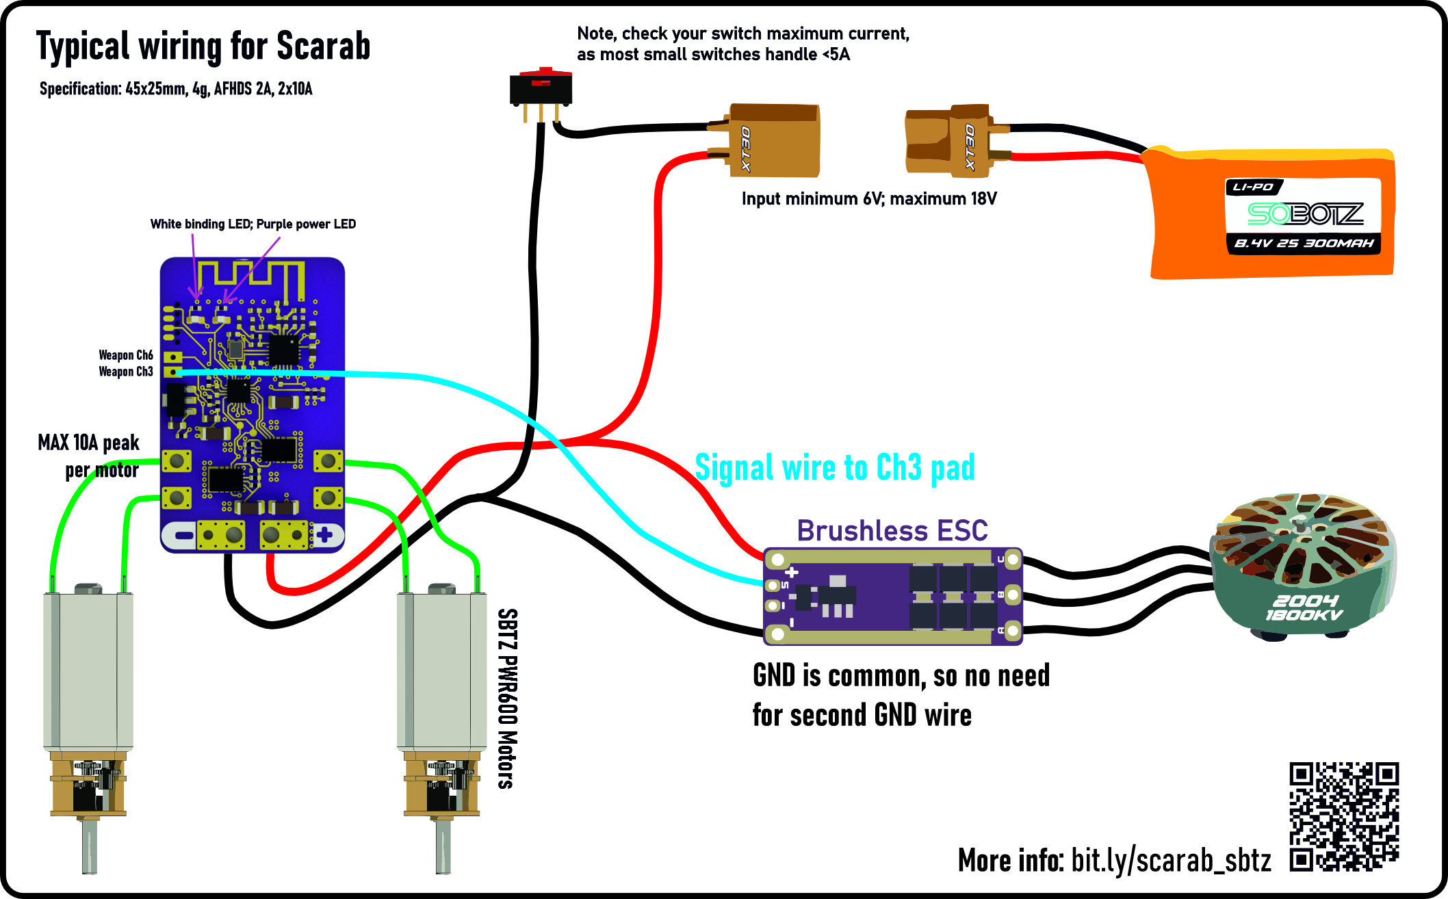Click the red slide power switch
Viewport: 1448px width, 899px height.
click(x=541, y=89)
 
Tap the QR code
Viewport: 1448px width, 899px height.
click(x=1344, y=817)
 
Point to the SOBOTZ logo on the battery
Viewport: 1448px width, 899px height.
click(x=1305, y=214)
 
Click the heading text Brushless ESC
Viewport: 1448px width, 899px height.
click(x=892, y=530)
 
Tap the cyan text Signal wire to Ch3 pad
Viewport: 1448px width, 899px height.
click(x=835, y=468)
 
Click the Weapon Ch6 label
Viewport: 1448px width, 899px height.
click(x=126, y=355)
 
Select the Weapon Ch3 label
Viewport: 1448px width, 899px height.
click(x=126, y=372)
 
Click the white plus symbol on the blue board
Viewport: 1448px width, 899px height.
click(x=324, y=534)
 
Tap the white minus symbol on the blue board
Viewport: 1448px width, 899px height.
click(x=184, y=535)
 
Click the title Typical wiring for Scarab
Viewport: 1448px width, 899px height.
click(x=203, y=47)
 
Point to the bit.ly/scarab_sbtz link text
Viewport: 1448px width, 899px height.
click(x=1171, y=860)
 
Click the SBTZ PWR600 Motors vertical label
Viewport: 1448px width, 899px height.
click(x=507, y=699)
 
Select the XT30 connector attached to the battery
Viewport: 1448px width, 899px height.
click(x=957, y=140)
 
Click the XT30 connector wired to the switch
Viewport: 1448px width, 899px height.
click(x=764, y=140)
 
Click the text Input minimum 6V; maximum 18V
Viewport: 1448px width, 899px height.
click(x=869, y=198)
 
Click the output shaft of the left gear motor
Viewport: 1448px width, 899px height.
click(x=89, y=846)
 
